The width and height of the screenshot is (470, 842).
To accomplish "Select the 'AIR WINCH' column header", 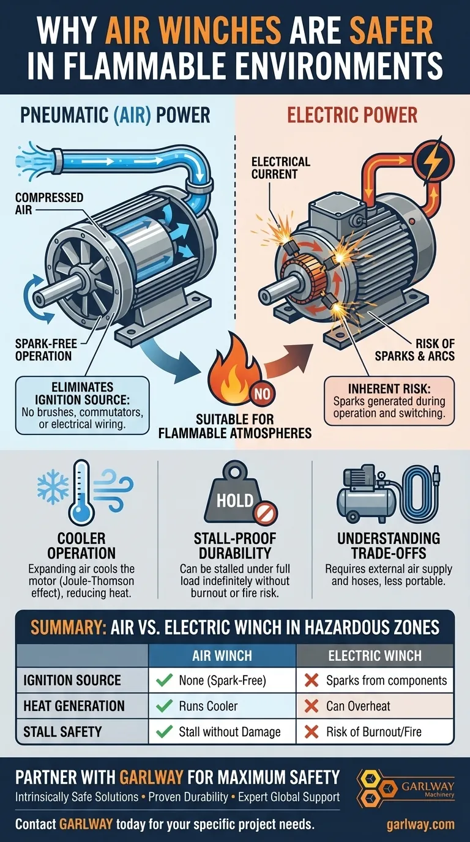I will pyautogui.click(x=222, y=656).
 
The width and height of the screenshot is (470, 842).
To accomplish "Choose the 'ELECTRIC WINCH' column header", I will pyautogui.click(x=375, y=656).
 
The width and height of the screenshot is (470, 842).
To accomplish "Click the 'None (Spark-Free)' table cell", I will pyautogui.click(x=222, y=680).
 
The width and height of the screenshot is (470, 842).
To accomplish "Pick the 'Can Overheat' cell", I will pyautogui.click(x=375, y=706).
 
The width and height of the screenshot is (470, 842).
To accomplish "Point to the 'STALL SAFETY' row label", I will pyautogui.click(x=63, y=731).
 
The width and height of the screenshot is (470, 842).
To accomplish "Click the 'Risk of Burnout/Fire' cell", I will pyautogui.click(x=375, y=731).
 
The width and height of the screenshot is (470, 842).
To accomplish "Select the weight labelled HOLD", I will pyautogui.click(x=235, y=499).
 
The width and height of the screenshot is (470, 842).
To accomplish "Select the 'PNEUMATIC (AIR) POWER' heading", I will pyautogui.click(x=116, y=114).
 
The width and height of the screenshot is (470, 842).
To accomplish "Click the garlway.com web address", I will pyautogui.click(x=420, y=824).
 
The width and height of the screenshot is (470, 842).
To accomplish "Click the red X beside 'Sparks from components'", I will pyautogui.click(x=311, y=680).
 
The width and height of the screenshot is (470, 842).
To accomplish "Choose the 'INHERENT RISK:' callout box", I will pyautogui.click(x=389, y=401).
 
